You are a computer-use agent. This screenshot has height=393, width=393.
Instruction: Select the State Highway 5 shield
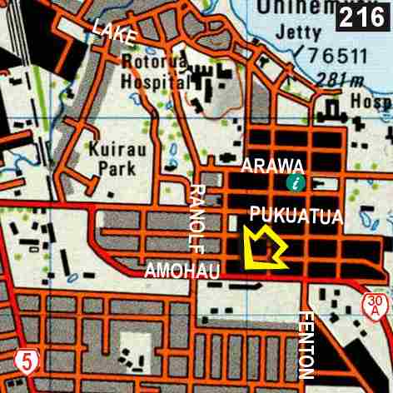[x=27, y=361]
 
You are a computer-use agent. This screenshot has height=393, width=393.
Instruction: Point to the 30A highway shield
[x=376, y=305]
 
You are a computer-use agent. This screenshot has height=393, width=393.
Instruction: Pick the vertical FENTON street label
[x=306, y=346]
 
